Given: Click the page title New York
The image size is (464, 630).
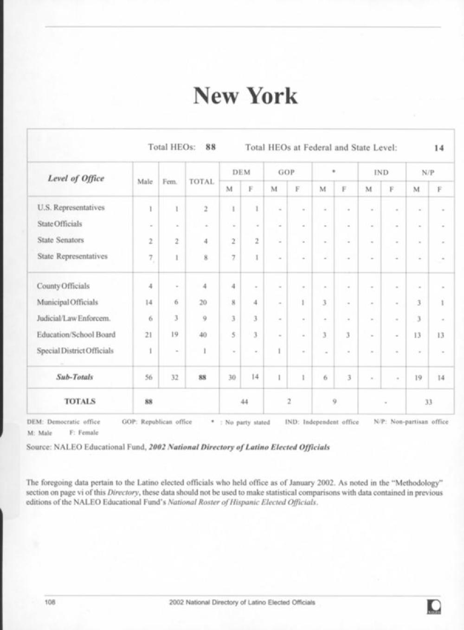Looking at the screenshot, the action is click(x=245, y=95).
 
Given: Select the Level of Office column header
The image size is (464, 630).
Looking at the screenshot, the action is click(x=76, y=178).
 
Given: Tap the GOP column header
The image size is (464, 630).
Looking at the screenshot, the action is click(x=286, y=172).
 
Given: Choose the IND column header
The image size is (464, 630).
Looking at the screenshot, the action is click(x=381, y=172).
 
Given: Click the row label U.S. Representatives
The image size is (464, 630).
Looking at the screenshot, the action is click(x=71, y=208).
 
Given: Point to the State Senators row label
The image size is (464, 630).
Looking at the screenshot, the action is click(x=60, y=240).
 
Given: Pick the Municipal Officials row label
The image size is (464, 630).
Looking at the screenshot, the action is click(x=67, y=302).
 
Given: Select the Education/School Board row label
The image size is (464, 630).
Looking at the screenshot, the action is click(x=76, y=334).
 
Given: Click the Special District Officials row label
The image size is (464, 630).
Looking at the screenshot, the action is click(x=75, y=351).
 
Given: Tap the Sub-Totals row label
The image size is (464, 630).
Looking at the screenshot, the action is click(x=75, y=377).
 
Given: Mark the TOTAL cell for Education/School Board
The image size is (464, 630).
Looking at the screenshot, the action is click(x=203, y=335).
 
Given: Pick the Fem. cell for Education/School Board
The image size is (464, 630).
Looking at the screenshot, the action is click(x=174, y=334).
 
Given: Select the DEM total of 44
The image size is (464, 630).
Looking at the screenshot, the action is click(x=244, y=402).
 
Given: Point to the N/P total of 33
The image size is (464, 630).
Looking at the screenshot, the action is click(x=429, y=402).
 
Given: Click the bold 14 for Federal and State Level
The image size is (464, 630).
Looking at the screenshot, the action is click(x=439, y=148).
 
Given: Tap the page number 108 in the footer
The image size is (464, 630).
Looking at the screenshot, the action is click(x=50, y=602).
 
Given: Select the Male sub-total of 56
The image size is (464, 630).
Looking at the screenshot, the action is click(x=148, y=378).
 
